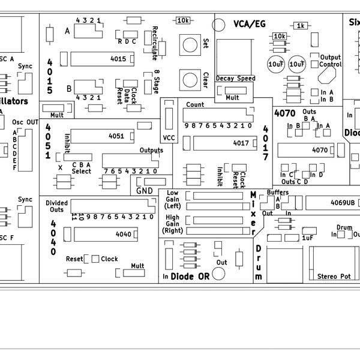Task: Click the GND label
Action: point(145,191)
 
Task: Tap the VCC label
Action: point(169,137)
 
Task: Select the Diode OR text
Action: point(190,277)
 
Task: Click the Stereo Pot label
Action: point(334,277)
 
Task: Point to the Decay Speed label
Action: point(236,79)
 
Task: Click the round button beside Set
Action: point(191,44)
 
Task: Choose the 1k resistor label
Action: point(301,26)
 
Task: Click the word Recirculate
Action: point(155,43)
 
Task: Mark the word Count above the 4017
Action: point(195,104)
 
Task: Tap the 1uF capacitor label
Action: point(308,238)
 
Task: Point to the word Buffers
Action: point(278,192)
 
